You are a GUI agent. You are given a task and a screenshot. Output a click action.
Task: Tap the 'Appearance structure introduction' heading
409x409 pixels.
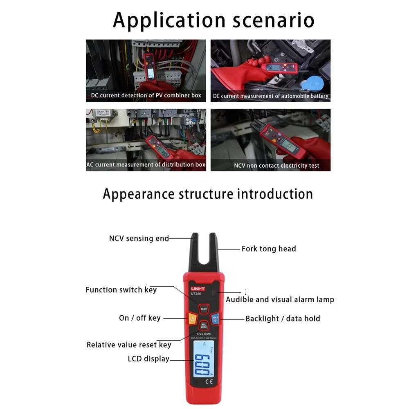(x=208, y=193)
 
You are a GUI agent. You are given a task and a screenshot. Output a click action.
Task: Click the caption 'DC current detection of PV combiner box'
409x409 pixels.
(x=146, y=95)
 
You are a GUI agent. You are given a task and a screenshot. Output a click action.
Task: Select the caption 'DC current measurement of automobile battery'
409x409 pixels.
(x=270, y=96)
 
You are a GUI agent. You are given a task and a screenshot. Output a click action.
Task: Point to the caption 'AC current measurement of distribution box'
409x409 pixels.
(x=146, y=165)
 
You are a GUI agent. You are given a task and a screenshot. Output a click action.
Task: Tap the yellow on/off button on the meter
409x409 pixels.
(x=192, y=318)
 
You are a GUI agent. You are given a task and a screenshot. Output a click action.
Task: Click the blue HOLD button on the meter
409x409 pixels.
(x=215, y=318)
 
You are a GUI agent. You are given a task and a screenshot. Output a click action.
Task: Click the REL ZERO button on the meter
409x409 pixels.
(x=203, y=326)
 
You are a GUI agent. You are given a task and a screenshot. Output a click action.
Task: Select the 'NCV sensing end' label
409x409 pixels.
(x=139, y=238)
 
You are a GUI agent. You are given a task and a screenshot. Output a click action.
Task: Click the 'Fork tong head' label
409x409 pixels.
(x=268, y=249)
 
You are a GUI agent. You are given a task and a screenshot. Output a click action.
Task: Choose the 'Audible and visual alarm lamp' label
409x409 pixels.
(x=280, y=299)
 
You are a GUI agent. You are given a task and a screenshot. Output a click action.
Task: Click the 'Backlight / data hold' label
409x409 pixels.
(x=283, y=319)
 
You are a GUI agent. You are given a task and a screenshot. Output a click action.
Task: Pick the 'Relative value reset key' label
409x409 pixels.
(x=129, y=345)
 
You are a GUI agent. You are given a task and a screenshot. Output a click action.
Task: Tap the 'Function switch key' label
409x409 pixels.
(x=121, y=290)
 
